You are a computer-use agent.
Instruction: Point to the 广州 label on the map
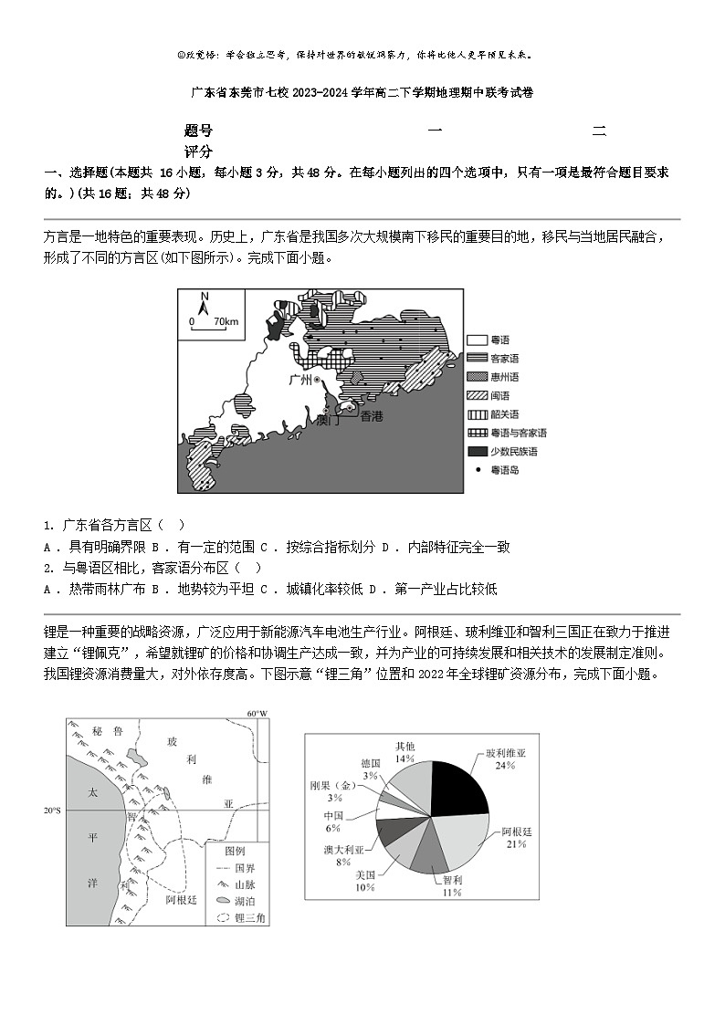(299, 379)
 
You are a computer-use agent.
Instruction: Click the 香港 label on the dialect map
(372, 416)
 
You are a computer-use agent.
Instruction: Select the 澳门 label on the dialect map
(327, 421)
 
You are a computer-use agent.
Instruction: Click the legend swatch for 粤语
(478, 340)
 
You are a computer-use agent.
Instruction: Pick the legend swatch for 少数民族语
(478, 451)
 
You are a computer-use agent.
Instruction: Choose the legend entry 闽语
(504, 395)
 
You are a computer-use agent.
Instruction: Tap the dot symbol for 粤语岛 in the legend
(478, 470)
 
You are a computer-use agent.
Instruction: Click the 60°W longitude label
(257, 713)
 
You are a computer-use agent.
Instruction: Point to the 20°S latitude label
(53, 810)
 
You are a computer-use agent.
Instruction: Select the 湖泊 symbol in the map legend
(225, 900)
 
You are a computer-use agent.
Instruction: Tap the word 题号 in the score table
(198, 131)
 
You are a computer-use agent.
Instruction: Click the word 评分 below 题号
(198, 152)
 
